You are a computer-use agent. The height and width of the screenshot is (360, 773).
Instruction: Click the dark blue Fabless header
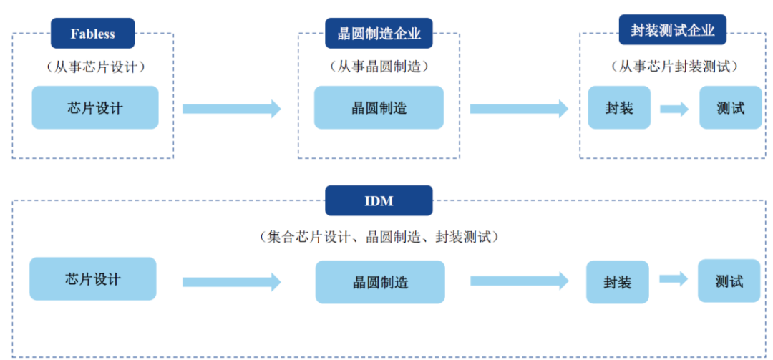click(x=92, y=33)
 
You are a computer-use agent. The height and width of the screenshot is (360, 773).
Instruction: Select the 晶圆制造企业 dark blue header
click(x=379, y=33)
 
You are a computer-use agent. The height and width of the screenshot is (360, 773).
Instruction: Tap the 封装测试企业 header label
click(x=672, y=30)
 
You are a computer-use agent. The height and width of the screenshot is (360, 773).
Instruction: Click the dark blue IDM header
click(x=379, y=200)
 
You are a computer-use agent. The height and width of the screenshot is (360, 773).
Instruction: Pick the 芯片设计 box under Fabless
click(x=95, y=107)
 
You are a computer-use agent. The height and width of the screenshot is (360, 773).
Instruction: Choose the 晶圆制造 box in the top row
click(x=379, y=107)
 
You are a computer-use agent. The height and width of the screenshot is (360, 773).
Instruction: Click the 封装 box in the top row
click(x=619, y=107)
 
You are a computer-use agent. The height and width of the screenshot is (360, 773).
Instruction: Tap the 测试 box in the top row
click(x=731, y=107)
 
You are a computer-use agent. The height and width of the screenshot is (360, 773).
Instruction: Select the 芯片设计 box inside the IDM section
click(x=92, y=278)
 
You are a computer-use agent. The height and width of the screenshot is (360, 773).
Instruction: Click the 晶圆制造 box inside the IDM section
click(x=380, y=282)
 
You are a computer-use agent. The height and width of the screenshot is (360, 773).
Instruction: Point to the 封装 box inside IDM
click(x=618, y=282)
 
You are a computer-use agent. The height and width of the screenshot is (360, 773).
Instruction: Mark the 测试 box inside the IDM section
click(x=729, y=281)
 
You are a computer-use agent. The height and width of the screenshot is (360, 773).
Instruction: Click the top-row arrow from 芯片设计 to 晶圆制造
click(x=232, y=109)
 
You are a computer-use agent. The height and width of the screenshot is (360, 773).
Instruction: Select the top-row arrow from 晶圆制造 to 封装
click(x=519, y=109)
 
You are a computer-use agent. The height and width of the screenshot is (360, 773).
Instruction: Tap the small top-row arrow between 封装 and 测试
click(x=674, y=109)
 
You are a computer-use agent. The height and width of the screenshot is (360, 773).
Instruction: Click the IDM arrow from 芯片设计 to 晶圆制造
click(x=232, y=282)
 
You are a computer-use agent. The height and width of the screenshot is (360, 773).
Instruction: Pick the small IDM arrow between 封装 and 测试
click(x=674, y=278)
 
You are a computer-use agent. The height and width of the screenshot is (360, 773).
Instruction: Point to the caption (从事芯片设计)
click(x=96, y=67)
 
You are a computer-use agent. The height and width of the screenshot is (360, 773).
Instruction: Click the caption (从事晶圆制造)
click(x=379, y=67)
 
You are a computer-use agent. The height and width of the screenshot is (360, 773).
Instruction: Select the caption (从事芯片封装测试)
click(x=674, y=67)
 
